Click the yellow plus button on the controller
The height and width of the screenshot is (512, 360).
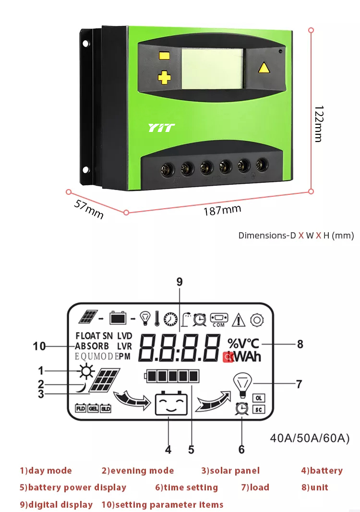tap(165, 77)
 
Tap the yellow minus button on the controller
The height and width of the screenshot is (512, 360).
tap(165, 55)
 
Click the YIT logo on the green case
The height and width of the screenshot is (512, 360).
tap(161, 128)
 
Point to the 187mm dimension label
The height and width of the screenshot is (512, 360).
tap(222, 210)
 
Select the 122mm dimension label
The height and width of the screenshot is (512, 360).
tap(318, 124)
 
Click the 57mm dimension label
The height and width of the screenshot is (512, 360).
tap(89, 209)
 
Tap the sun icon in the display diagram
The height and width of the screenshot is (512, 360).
tap(86, 371)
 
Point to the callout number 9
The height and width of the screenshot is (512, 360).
tap(180, 282)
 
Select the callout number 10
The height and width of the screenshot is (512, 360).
tap(39, 345)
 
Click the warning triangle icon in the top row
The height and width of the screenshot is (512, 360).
tap(239, 319)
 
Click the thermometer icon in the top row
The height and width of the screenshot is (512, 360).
tap(156, 318)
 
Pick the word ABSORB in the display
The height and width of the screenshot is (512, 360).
tap(93, 346)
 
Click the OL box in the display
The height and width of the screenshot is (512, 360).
tap(258, 398)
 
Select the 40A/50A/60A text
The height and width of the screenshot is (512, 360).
tap(310, 438)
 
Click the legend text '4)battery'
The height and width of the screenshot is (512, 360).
tap(322, 470)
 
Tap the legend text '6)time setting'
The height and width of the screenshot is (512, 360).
tap(186, 488)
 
